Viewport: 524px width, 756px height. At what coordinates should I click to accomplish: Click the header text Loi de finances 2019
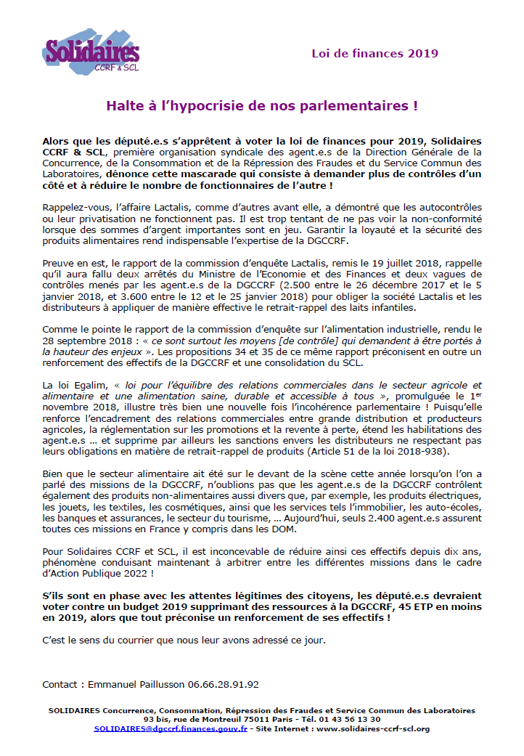pos(374,53)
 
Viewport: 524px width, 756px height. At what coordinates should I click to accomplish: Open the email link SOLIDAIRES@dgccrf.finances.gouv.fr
pos(171,728)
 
